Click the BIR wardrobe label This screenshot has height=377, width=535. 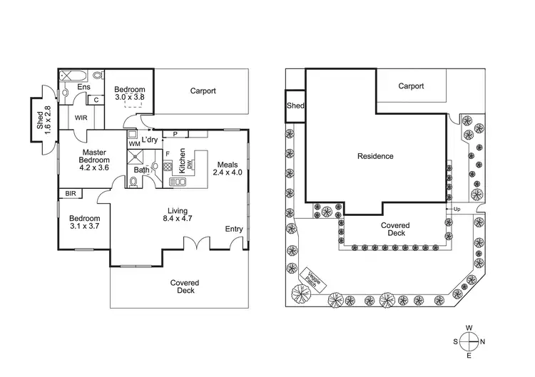[x=71, y=193]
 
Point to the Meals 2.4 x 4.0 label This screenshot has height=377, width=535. [x=229, y=168]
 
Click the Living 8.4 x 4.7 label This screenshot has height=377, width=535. [x=178, y=215]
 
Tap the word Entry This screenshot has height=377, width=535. [x=233, y=229]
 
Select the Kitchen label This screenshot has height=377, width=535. [x=182, y=160]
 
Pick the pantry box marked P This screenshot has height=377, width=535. [x=175, y=133]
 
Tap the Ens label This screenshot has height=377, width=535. [x=83, y=88]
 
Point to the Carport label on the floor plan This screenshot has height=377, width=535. [x=203, y=91]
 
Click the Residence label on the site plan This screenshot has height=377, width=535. [x=375, y=156]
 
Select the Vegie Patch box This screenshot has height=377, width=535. [x=313, y=278]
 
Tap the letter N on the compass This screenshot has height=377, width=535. [x=482, y=341]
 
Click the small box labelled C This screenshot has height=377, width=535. [x=96, y=100]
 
